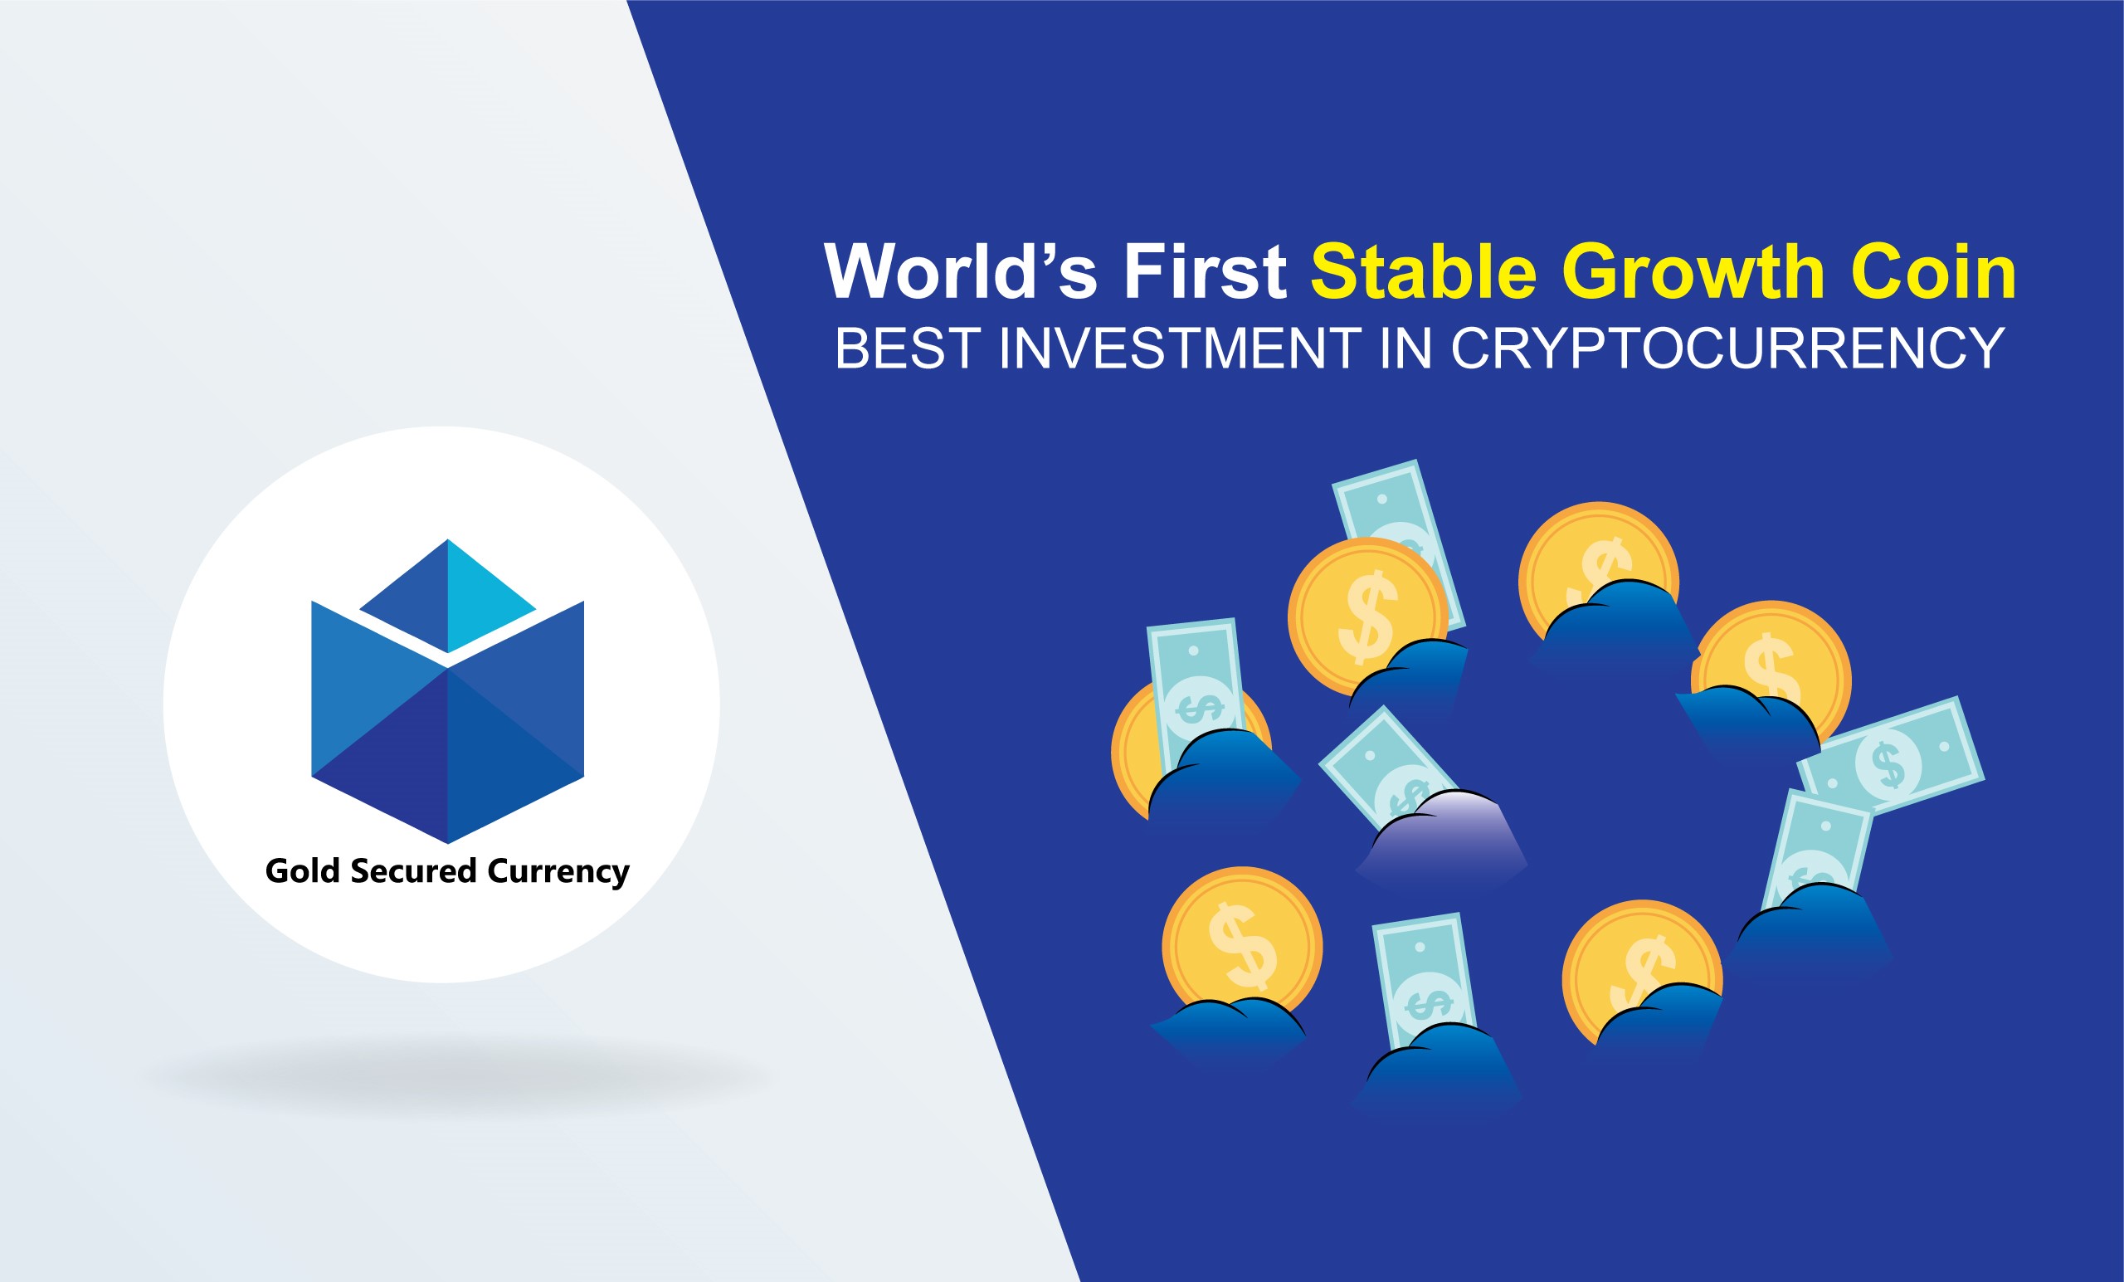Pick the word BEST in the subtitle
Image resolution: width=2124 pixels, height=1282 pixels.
click(907, 349)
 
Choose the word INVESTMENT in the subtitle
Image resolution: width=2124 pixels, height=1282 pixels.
click(1180, 349)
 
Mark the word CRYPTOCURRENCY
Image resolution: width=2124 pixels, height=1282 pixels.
click(1727, 349)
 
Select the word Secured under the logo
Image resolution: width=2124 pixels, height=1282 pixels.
click(413, 870)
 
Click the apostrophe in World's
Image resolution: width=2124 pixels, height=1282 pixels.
click(1045, 252)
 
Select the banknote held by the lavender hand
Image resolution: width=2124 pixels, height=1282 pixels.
click(1387, 770)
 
